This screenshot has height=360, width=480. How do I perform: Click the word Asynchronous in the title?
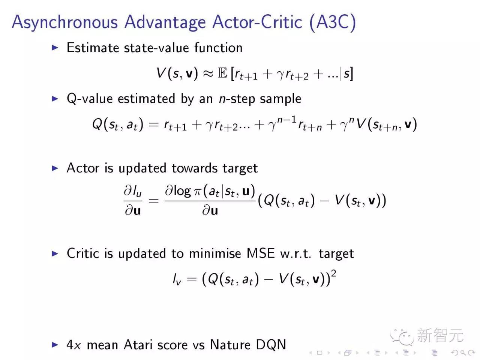pos(65,22)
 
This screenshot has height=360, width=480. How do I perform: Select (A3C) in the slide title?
pos(333,22)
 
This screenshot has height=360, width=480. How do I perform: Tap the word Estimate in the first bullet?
pos(93,48)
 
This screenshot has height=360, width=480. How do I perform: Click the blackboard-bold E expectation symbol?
pos(222,73)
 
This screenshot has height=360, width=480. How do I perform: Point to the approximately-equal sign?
pos(208,73)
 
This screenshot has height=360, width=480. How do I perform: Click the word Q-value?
pos(90,99)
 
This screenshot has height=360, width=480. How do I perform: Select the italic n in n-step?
pos(222,100)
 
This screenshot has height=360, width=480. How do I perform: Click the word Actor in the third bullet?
pos(83,168)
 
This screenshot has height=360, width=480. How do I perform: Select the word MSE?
pos(261,253)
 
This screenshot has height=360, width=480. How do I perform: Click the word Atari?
pos(138,345)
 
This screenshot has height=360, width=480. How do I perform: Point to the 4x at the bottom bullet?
pos(74,345)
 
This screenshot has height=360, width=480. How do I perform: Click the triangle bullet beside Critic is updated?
pos(55,253)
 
